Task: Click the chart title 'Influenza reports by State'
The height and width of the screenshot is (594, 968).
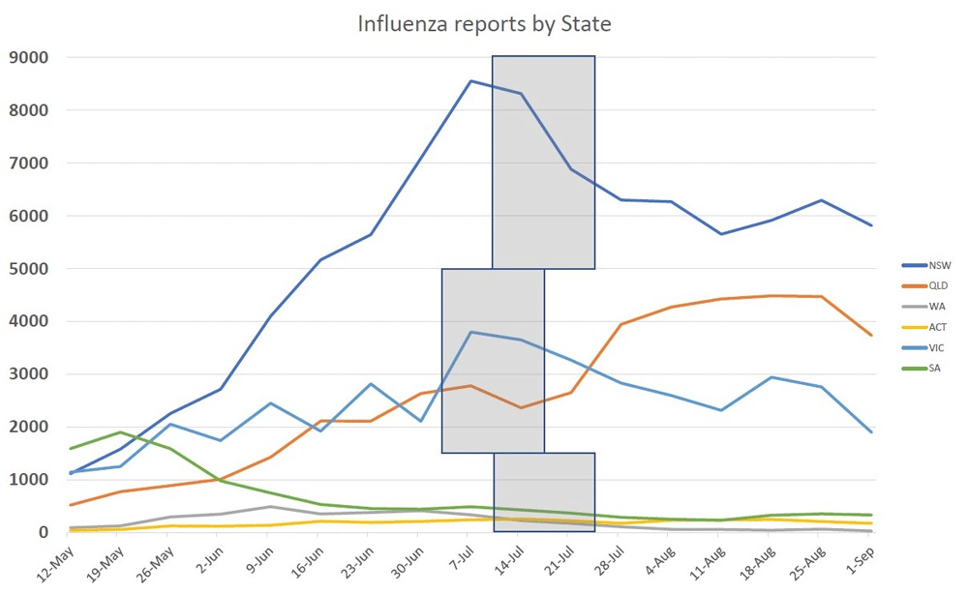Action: click(x=484, y=24)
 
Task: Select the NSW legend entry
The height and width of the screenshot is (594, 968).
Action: click(x=938, y=264)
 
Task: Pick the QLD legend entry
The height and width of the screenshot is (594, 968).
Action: click(x=938, y=285)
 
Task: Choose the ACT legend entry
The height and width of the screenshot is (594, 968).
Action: click(x=937, y=326)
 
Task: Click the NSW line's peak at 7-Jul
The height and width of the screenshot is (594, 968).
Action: click(x=470, y=81)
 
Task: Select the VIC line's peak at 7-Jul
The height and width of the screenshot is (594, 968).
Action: click(x=470, y=332)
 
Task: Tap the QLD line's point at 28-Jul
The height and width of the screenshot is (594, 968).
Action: click(x=621, y=324)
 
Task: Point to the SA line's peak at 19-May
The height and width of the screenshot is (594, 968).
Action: click(x=120, y=432)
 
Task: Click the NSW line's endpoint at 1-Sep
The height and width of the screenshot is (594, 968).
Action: click(x=872, y=225)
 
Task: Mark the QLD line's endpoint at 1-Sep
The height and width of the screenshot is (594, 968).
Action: click(x=872, y=335)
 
